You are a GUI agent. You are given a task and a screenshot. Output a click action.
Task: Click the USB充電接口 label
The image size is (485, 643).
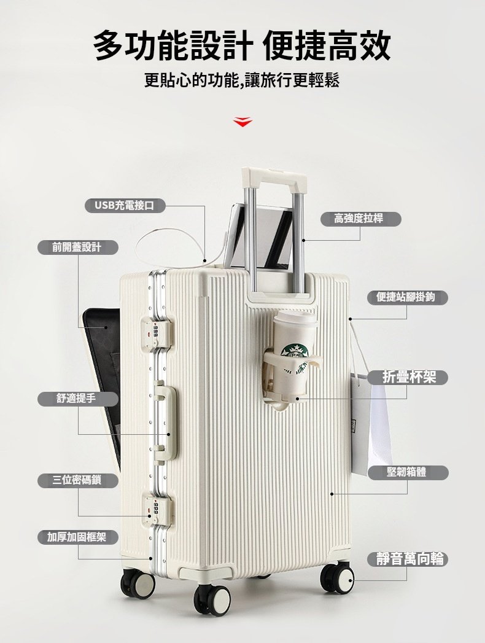(125, 205)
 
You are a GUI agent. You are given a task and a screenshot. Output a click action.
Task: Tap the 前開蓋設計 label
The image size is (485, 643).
(78, 247)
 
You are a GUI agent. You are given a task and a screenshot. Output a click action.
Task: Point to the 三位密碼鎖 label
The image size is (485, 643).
(78, 480)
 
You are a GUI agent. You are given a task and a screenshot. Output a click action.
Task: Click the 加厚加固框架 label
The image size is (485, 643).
(78, 537)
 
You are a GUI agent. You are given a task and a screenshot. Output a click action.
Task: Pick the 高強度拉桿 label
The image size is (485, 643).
(360, 219)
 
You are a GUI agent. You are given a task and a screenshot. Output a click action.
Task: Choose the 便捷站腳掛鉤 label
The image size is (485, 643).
(406, 297)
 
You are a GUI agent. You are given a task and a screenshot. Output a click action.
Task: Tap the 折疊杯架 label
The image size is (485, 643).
(408, 377)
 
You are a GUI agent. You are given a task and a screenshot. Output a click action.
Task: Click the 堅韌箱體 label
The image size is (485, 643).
(408, 472)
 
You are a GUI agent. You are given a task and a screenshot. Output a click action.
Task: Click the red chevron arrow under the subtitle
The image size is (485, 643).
(243, 122)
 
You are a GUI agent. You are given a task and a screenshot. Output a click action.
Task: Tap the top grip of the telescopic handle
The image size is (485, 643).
(274, 176)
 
